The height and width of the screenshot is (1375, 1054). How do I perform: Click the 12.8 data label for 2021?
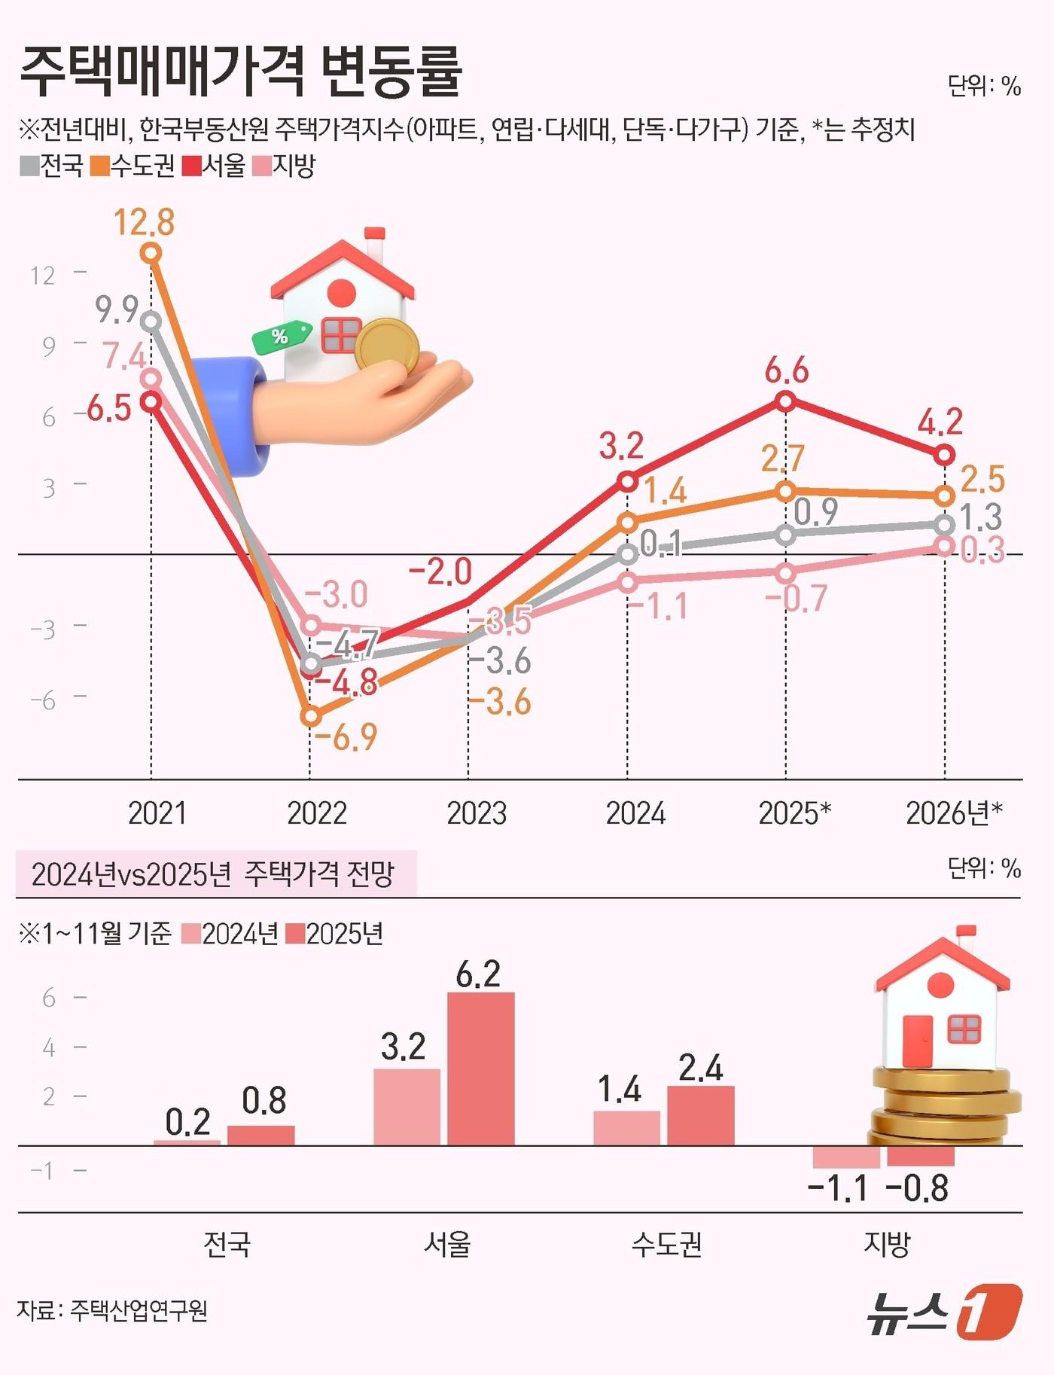[x=144, y=222]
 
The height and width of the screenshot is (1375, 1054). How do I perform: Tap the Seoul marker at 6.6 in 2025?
[x=785, y=401]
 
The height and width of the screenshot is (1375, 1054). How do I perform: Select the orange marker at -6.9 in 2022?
[x=310, y=716]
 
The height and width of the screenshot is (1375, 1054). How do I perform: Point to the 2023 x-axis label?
[x=476, y=814]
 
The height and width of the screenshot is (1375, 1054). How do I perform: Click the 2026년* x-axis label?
[x=954, y=814]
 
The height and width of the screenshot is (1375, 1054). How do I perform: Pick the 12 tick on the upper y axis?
[x=43, y=276]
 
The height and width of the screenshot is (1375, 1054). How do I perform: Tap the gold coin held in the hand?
[x=387, y=346]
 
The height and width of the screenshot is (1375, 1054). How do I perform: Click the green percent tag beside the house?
[x=282, y=336]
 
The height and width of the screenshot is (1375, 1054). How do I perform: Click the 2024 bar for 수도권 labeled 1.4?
[x=626, y=1127]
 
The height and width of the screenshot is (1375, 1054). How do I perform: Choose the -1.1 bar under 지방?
[x=846, y=1157]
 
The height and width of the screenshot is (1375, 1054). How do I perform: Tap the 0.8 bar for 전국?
[x=260, y=1135]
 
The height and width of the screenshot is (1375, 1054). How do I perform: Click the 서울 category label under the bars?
[x=446, y=1244]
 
